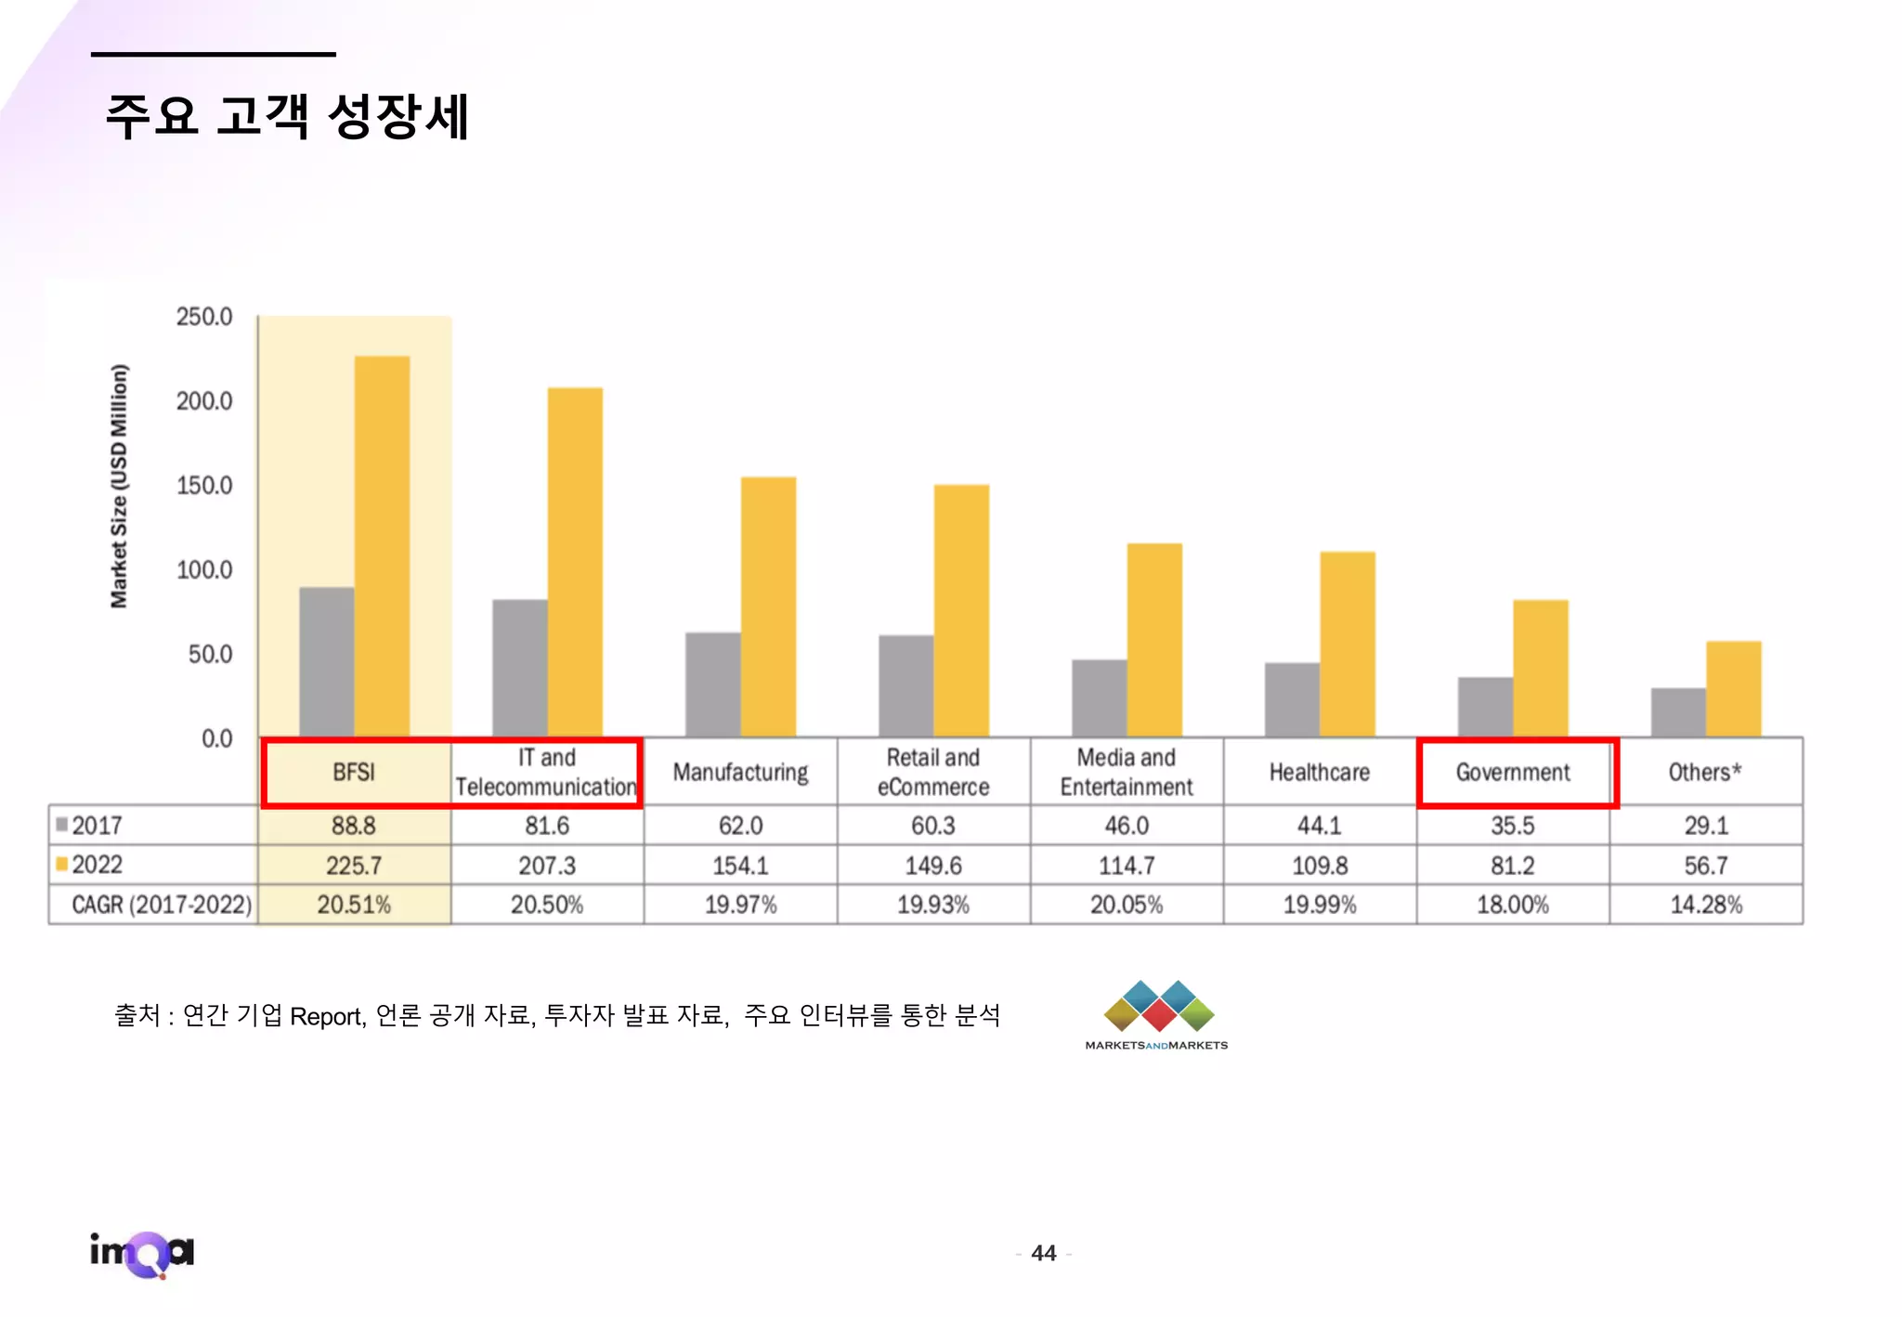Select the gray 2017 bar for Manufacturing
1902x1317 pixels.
coord(712,685)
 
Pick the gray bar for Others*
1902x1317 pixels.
coord(1677,712)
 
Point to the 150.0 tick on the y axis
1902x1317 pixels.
coord(204,486)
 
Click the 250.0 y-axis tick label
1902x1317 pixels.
coord(204,317)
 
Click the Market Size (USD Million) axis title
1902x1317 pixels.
coord(119,486)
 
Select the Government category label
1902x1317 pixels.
coord(1512,772)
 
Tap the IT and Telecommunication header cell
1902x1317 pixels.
coord(546,772)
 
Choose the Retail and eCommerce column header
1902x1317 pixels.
coord(932,772)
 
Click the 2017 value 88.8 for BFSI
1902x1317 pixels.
coord(353,826)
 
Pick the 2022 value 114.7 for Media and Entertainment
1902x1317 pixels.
coord(1126,866)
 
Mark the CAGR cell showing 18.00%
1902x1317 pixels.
coord(1512,905)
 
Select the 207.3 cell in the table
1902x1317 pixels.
coord(546,866)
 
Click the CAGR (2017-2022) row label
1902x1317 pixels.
coord(162,905)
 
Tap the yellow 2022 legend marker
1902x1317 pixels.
coord(62,865)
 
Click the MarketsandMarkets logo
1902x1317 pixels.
coord(1157,1014)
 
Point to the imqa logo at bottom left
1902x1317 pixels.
coord(142,1253)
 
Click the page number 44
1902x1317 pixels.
coord(1043,1253)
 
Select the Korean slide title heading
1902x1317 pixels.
coord(287,117)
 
